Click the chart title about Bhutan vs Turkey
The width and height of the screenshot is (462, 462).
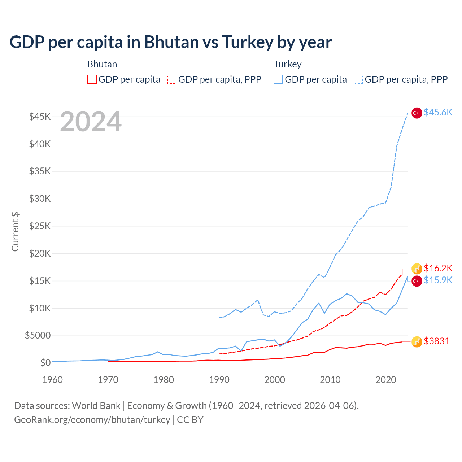[170, 42]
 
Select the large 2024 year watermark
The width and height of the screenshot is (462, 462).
[91, 122]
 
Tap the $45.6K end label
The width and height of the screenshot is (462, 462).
[438, 113]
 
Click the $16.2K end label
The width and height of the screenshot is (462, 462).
[438, 268]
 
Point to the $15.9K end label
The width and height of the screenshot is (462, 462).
[438, 280]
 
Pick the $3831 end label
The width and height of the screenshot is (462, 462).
[437, 341]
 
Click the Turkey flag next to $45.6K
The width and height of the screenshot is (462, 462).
[417, 113]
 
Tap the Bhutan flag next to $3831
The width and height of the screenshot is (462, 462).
[417, 342]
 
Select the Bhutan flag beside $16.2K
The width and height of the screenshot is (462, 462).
[417, 269]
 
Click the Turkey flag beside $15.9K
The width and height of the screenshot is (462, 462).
[417, 281]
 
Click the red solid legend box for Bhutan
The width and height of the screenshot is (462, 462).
[92, 79]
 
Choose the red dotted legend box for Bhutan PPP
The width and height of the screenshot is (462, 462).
[172, 79]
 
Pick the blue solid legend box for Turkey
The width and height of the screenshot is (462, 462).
[278, 79]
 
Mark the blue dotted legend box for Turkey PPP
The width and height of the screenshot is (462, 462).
[358, 79]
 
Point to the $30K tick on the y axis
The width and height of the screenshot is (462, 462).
[40, 199]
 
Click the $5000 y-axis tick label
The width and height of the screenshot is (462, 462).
[38, 336]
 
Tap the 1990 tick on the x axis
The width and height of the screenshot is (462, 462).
[219, 380]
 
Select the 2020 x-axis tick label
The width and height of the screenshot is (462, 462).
[385, 380]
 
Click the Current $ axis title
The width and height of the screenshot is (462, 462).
[15, 232]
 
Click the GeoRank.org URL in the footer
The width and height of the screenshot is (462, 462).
[92, 420]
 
